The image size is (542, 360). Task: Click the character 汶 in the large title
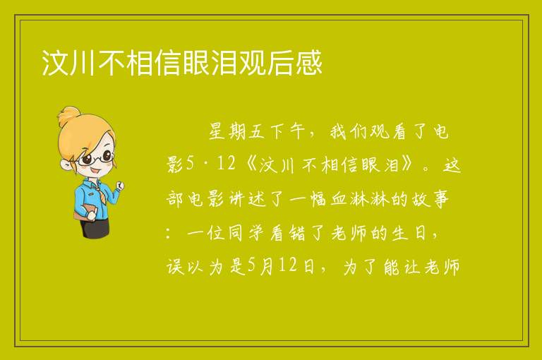click(x=55, y=62)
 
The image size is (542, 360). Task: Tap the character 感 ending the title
click(x=308, y=62)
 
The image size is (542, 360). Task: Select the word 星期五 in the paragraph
click(x=237, y=131)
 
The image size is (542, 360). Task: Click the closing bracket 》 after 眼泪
click(x=406, y=164)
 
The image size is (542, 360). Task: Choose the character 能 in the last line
click(x=392, y=267)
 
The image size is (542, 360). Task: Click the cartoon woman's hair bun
click(x=69, y=116)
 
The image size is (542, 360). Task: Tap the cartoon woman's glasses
click(x=96, y=159)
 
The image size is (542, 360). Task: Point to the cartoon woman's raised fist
click(x=120, y=186)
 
